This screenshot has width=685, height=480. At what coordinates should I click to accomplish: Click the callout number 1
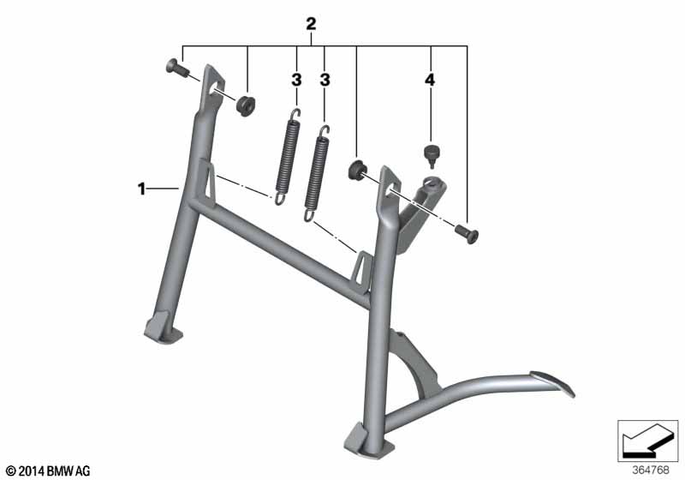(141, 189)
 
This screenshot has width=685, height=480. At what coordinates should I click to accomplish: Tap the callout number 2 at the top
(311, 24)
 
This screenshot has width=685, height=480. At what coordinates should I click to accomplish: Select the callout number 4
(431, 80)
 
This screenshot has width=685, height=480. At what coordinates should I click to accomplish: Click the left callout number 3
(296, 80)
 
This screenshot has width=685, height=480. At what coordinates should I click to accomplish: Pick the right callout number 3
(325, 80)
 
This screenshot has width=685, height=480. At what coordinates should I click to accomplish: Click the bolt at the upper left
(177, 67)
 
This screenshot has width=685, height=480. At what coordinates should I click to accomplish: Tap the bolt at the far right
(467, 233)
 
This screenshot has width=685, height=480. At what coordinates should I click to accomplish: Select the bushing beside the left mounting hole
(246, 105)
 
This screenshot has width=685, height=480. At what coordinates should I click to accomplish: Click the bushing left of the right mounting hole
(358, 170)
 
